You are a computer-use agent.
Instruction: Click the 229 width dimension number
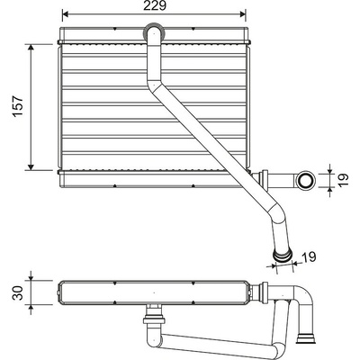click(155, 5)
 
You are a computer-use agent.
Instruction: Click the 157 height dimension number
click(18, 106)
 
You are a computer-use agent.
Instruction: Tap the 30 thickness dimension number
click(18, 292)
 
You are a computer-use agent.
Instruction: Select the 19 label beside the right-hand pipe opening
click(344, 179)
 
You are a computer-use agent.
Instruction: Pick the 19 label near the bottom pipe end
click(309, 256)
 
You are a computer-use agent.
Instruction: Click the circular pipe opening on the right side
click(306, 180)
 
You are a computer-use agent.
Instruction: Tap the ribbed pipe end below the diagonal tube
click(282, 256)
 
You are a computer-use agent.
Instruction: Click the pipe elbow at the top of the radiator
click(154, 32)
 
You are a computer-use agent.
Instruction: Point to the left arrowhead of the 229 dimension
click(66, 13)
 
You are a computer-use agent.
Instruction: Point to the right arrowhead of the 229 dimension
click(242, 13)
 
